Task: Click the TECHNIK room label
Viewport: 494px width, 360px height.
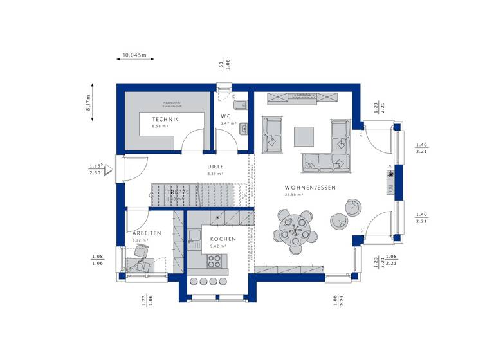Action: [x=165, y=120]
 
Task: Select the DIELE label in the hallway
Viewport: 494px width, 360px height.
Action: [x=215, y=166]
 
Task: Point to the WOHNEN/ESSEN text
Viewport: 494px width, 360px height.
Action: [x=310, y=188]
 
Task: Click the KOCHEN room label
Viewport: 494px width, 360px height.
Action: [x=223, y=239]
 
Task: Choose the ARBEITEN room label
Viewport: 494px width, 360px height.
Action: [x=147, y=233]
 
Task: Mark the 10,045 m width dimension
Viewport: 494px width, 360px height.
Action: [x=134, y=56]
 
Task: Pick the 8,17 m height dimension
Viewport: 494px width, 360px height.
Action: [x=89, y=102]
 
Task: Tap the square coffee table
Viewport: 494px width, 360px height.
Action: [x=304, y=136]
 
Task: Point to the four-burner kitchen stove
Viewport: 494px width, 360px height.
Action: [x=214, y=261]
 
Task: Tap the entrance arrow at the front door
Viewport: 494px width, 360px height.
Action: [x=109, y=170]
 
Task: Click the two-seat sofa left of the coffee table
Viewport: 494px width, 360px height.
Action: [x=272, y=134]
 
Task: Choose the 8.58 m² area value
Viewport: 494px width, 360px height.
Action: [x=160, y=127]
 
